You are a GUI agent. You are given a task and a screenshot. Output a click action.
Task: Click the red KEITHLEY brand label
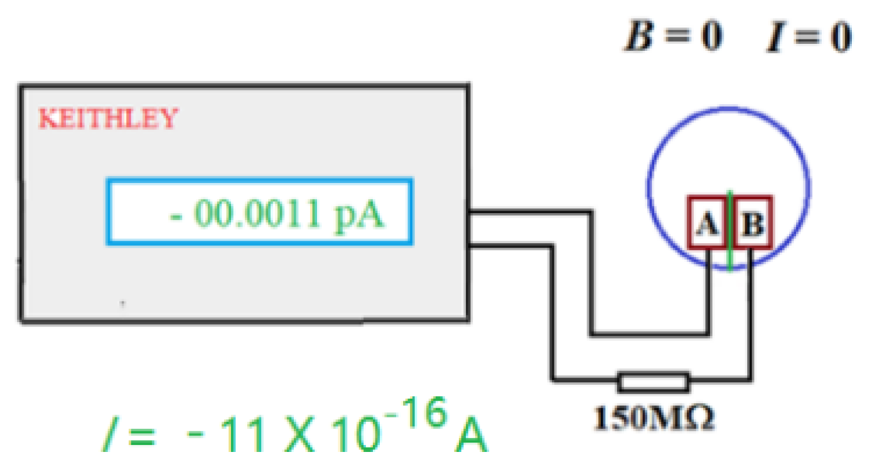click(108, 118)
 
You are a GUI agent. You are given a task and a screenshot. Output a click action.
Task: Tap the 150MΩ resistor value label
click(654, 417)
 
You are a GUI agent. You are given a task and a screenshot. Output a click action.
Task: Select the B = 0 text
click(673, 36)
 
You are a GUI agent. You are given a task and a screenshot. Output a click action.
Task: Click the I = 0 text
click(807, 36)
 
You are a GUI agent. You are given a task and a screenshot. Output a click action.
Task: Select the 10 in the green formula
click(355, 436)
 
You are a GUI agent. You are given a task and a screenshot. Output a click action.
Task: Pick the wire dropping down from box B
click(750, 313)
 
